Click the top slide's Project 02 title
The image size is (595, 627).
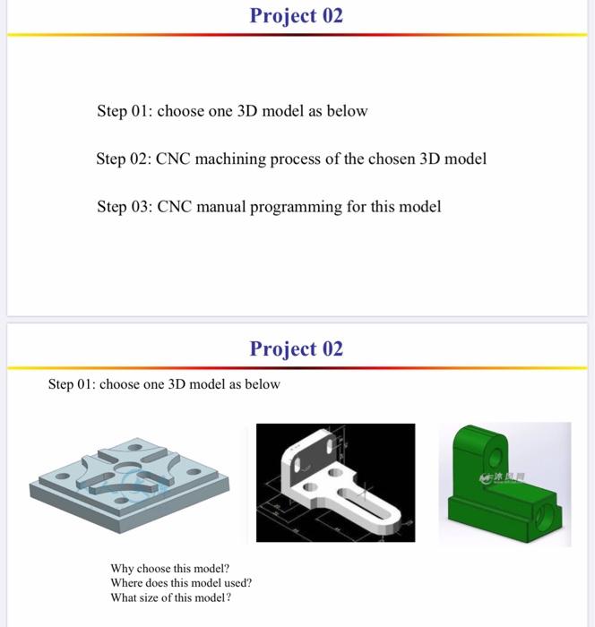[296, 16]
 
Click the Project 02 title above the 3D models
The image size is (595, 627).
[296, 348]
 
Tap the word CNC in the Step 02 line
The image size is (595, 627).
[173, 159]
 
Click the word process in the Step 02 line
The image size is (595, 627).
[307, 159]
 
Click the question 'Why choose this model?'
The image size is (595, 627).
[169, 569]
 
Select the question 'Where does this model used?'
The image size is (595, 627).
[180, 583]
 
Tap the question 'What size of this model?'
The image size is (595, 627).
[170, 597]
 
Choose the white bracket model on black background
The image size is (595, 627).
[335, 482]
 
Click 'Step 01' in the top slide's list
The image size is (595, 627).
[124, 112]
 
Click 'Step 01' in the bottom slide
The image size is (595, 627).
[72, 384]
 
